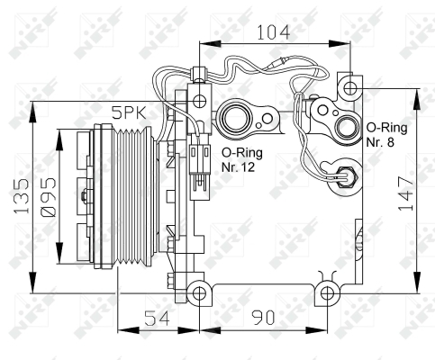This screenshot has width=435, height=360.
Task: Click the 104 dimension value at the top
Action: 274,32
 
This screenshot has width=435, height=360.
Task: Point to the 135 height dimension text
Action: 22,196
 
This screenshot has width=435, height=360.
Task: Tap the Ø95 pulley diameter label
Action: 48,197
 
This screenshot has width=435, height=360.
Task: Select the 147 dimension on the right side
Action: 405,193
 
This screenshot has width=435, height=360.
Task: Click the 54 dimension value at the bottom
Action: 157,318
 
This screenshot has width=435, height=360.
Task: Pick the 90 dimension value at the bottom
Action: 263,318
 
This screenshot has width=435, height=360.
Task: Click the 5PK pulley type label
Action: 129,113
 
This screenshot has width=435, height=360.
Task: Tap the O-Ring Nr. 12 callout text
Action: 242,159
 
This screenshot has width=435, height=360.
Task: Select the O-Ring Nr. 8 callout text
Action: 386,135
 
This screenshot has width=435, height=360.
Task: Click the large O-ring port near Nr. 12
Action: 236,119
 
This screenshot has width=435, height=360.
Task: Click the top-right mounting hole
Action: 350,88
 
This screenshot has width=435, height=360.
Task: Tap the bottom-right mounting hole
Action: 327,293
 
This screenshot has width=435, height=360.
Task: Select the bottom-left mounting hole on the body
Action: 199,293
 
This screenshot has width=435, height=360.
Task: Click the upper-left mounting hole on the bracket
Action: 199,101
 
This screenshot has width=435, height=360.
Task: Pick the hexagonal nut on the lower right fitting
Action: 346,177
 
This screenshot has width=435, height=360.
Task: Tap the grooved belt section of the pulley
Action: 133,196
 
